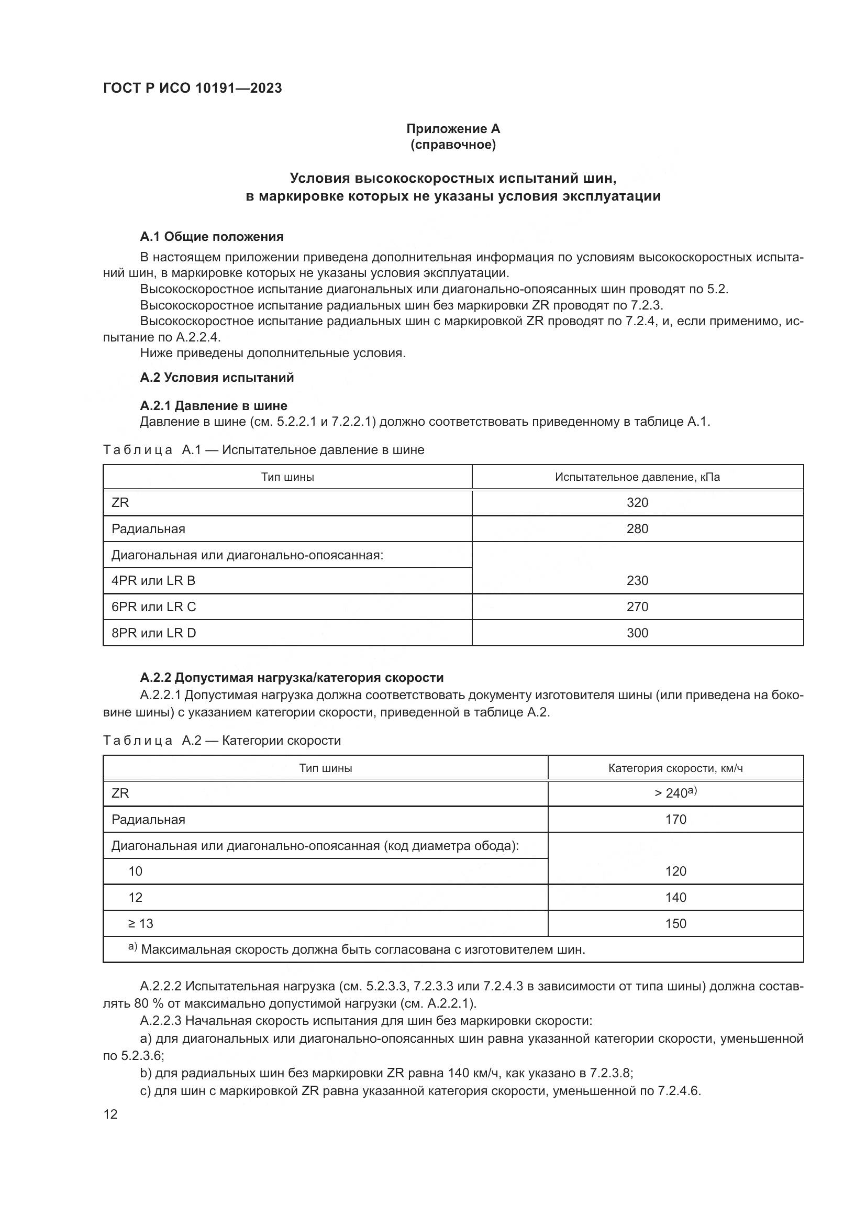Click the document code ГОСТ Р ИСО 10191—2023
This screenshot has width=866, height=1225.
pos(193,88)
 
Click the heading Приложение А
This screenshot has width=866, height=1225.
pos(453,129)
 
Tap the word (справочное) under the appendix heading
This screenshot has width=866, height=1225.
pos(453,145)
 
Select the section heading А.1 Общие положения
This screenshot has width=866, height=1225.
pos(212,236)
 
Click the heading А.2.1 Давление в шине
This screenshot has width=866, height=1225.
pos(213,405)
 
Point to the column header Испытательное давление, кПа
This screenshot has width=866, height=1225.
pos(637,477)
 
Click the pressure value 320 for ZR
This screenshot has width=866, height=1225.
pos(637,503)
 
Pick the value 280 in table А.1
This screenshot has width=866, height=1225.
pos(637,529)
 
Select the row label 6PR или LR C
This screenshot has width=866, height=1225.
pos(153,606)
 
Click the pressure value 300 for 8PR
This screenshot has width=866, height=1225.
pos(637,633)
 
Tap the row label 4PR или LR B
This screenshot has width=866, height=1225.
pos(153,580)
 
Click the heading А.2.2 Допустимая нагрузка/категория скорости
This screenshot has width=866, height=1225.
pos(292,678)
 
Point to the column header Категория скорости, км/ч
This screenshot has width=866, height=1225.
pos(675,768)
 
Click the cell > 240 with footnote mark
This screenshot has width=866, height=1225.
pos(675,793)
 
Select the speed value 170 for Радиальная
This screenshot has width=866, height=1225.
pos(675,819)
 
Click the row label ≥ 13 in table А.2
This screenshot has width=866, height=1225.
pos(140,923)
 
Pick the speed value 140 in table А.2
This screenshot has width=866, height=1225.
pos(675,898)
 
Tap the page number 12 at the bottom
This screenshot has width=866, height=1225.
pos(110,1114)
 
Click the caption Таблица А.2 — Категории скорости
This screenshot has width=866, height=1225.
pos(222,741)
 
